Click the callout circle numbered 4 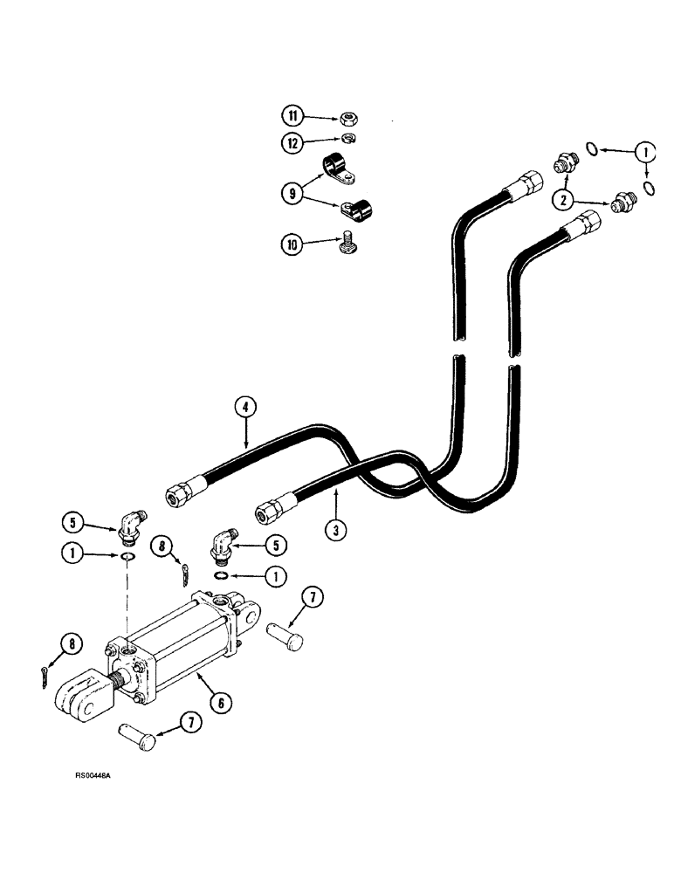coord(246,406)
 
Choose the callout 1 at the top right coord(646,151)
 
